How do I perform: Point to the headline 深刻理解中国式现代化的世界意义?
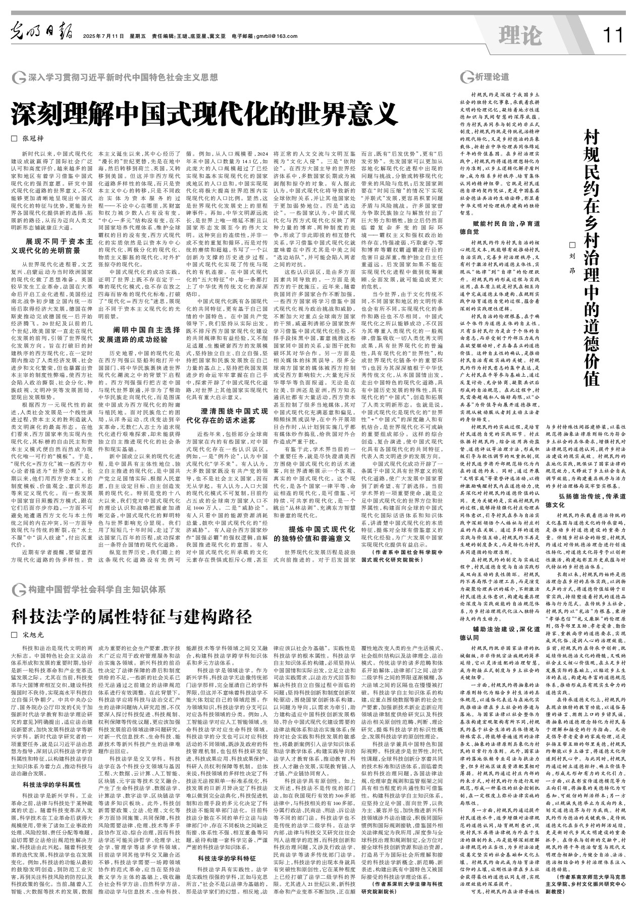202,115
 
